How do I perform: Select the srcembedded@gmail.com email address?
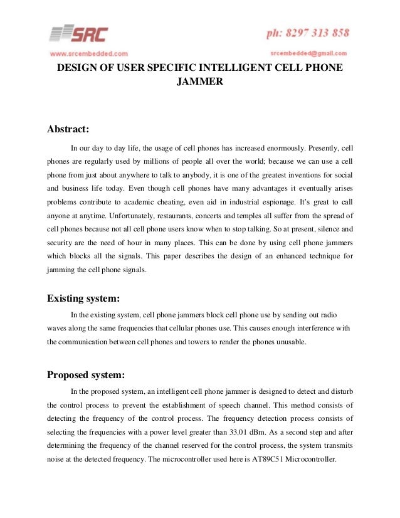click(309, 53)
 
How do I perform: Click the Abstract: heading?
click(69, 130)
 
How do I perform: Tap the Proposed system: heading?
click(87, 375)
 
